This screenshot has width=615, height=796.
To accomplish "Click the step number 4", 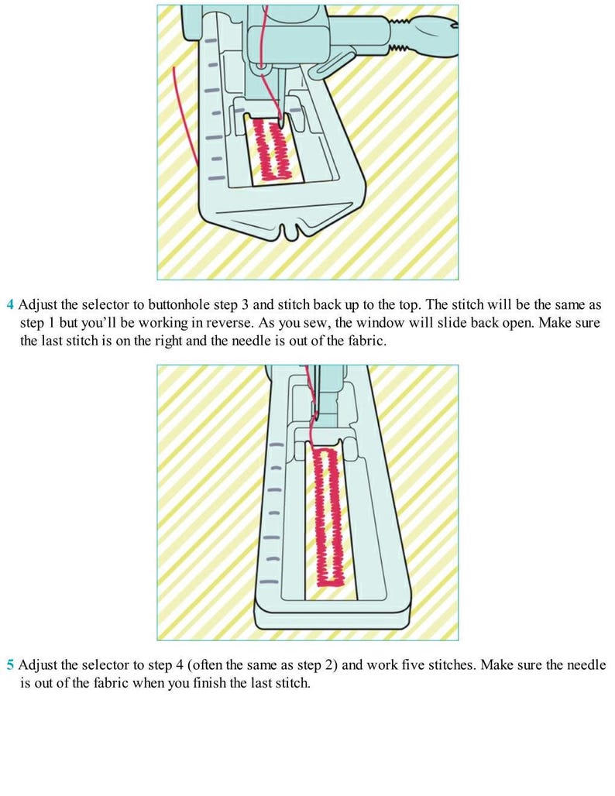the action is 10,305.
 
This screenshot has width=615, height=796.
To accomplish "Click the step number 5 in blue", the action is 10,665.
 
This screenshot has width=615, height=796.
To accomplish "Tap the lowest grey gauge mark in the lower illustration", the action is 270,582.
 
